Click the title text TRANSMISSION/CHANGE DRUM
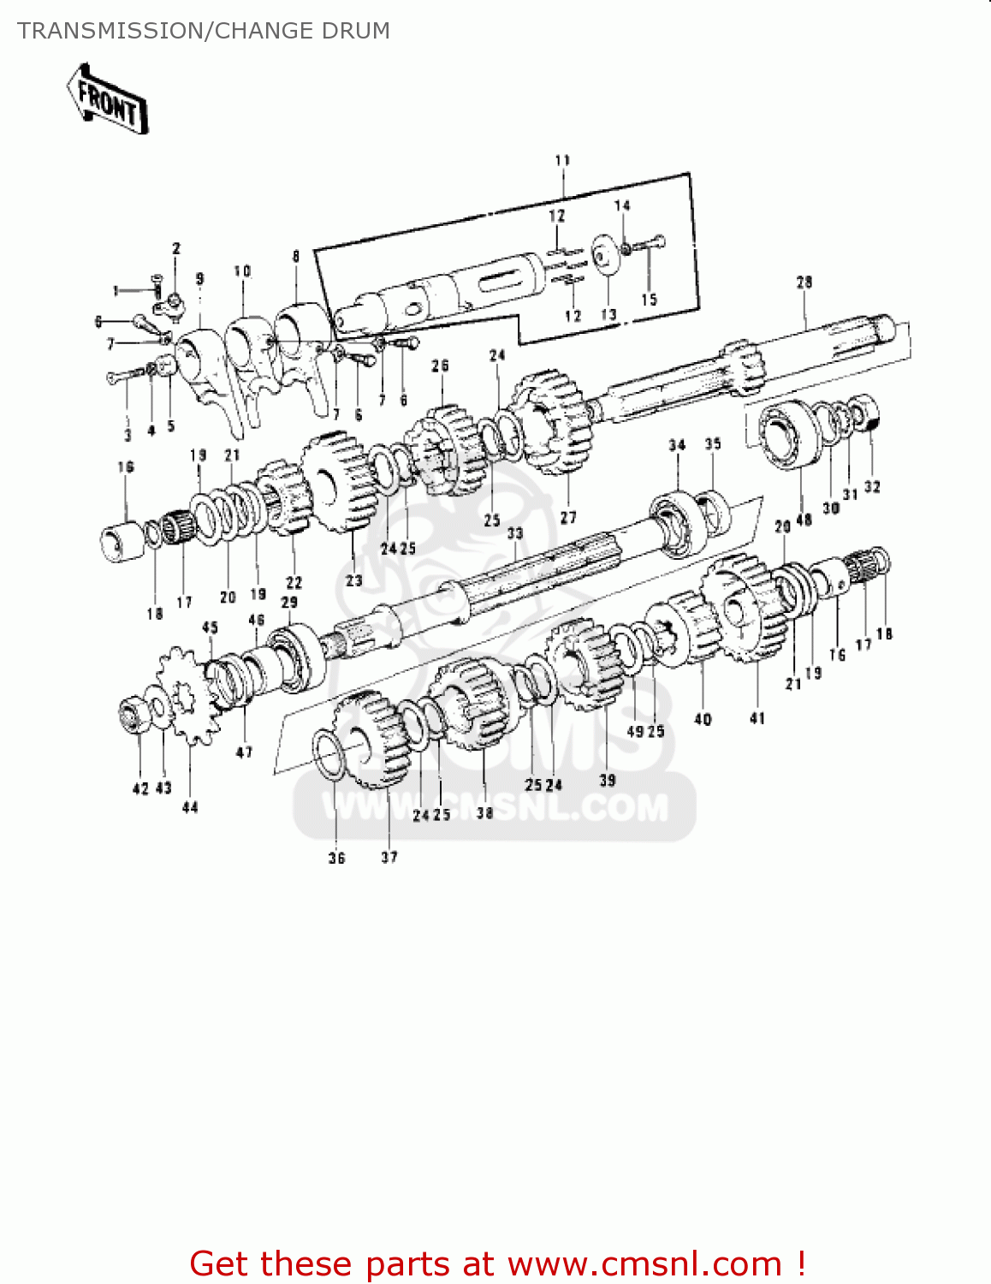(x=204, y=31)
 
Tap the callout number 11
(x=562, y=160)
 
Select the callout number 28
(x=804, y=282)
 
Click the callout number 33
(x=514, y=533)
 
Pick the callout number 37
(x=389, y=857)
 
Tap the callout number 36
(x=336, y=858)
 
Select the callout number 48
(x=804, y=520)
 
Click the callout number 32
(x=871, y=487)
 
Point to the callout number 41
(x=757, y=718)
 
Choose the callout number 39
(x=607, y=780)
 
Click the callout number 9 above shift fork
(x=199, y=278)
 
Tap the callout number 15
(x=649, y=299)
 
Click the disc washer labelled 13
(x=607, y=256)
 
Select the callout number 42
(x=140, y=788)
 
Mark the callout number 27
(x=568, y=517)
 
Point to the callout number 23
(x=353, y=580)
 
